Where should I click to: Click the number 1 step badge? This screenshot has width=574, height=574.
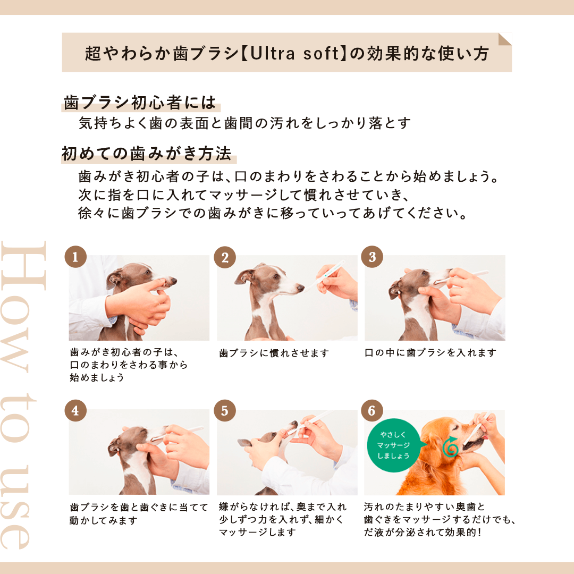[75, 257]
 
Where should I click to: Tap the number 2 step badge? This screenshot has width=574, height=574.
[225, 257]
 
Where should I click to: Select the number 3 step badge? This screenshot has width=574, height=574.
[372, 257]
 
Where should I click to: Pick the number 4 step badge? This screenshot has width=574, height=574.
[75, 410]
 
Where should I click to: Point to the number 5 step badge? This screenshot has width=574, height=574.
[225, 410]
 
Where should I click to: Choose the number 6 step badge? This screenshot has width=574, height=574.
[372, 410]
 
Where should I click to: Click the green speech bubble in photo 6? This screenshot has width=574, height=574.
[394, 445]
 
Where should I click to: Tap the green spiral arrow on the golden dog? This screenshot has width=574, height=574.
[451, 446]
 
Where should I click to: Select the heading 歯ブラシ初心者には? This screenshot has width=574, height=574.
[140, 103]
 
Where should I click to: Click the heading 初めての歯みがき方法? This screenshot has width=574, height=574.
[147, 154]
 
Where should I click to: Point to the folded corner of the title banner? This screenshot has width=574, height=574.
[505, 39]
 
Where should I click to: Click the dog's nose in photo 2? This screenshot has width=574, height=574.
[300, 288]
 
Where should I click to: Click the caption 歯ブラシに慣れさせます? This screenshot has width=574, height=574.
[274, 353]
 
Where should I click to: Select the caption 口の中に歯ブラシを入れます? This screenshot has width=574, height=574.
[430, 352]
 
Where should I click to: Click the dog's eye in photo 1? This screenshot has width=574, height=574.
[147, 272]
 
